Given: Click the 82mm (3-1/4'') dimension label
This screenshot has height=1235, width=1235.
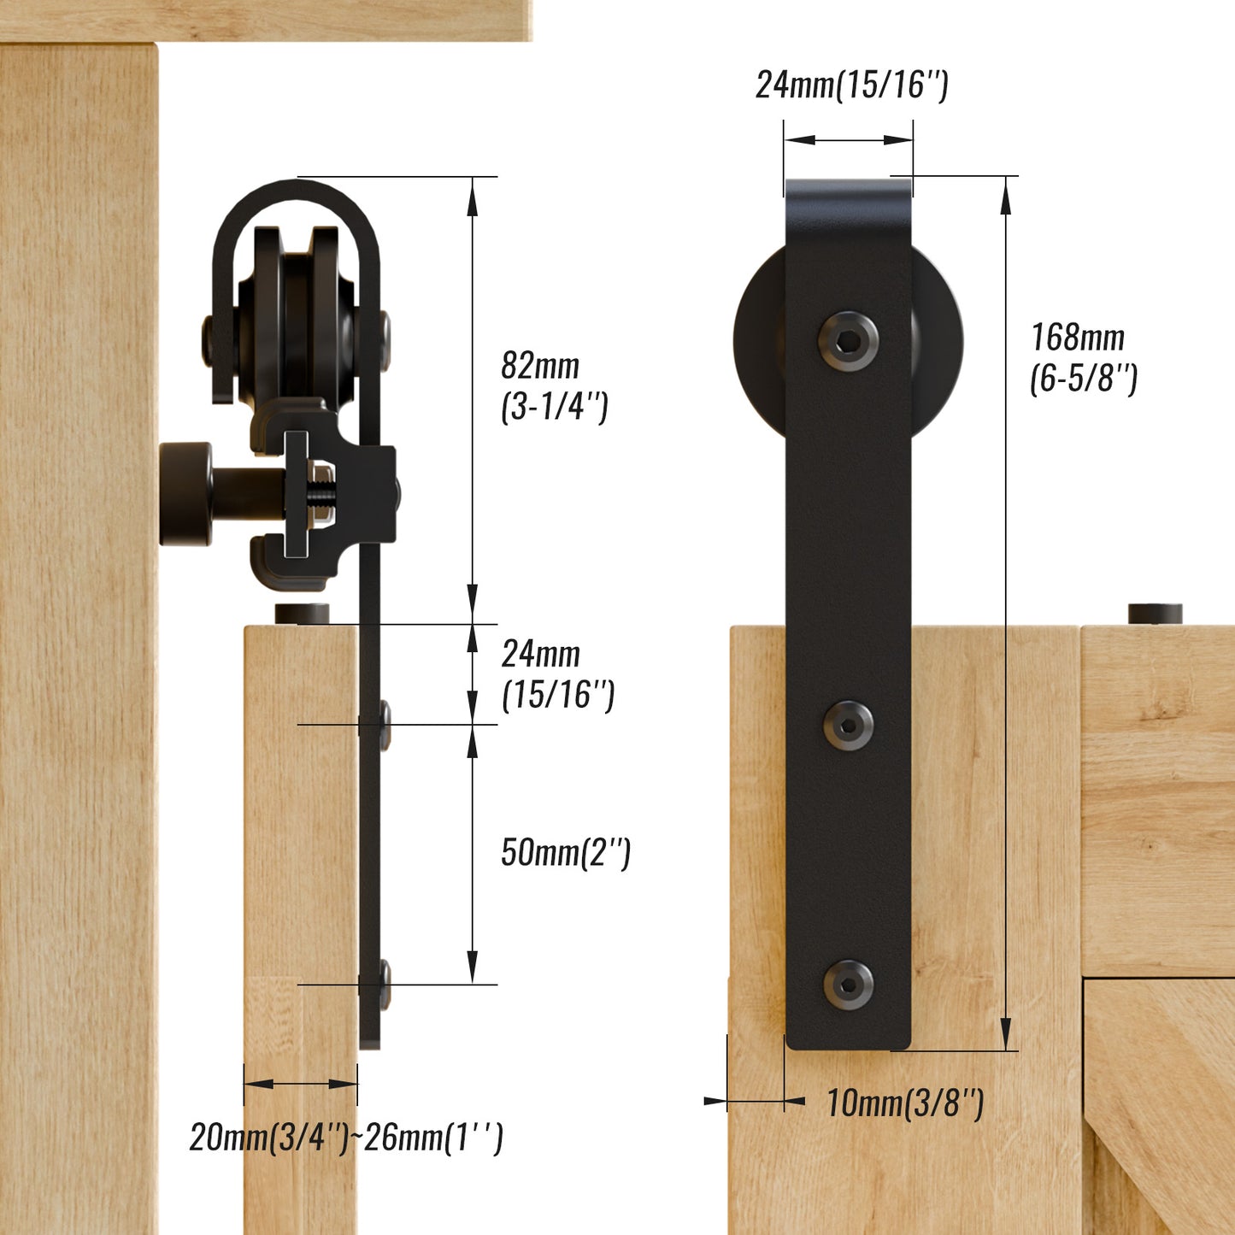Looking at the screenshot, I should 553,385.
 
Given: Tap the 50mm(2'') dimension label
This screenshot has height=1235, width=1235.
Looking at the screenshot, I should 565,852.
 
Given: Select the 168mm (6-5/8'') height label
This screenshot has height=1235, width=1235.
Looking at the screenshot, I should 1083,357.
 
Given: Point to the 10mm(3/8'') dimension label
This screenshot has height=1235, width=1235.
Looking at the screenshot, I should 904,1103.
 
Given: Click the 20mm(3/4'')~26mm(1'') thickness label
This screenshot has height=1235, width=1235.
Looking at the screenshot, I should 346,1138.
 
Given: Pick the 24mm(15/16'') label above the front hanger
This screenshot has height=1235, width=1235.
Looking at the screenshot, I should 851,85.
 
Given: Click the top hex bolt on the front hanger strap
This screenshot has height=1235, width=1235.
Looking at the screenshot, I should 848,342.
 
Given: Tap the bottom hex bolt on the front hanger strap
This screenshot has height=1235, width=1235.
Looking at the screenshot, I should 849,985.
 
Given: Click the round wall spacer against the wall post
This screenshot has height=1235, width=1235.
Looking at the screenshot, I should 186,493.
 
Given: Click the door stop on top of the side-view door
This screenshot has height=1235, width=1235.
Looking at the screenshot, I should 302,613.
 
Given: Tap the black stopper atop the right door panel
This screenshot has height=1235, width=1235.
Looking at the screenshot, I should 1155,613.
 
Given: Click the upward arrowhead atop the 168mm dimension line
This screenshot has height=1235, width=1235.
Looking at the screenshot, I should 1006,197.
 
